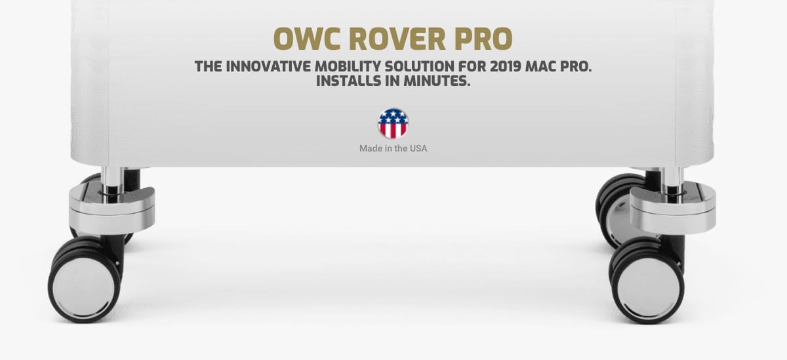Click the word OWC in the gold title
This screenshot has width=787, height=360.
(x=307, y=38)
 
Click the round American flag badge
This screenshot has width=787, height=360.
(x=393, y=123)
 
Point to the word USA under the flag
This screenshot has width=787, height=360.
(x=418, y=149)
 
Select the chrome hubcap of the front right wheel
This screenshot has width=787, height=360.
(x=648, y=287)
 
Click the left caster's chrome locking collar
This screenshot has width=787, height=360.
(x=111, y=210)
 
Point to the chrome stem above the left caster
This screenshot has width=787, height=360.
(x=112, y=179)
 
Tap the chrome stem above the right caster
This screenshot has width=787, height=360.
(x=673, y=179)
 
